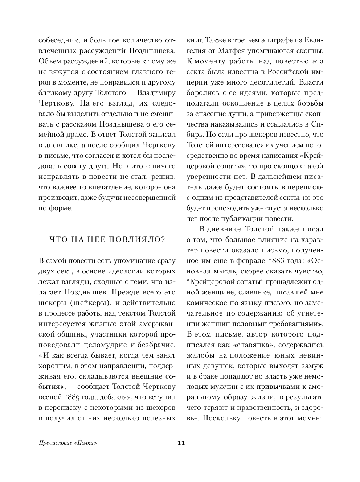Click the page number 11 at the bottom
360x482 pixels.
click(181, 442)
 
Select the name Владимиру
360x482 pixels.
click(156, 92)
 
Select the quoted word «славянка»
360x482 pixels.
click(254, 345)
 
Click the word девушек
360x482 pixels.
click(202, 366)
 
